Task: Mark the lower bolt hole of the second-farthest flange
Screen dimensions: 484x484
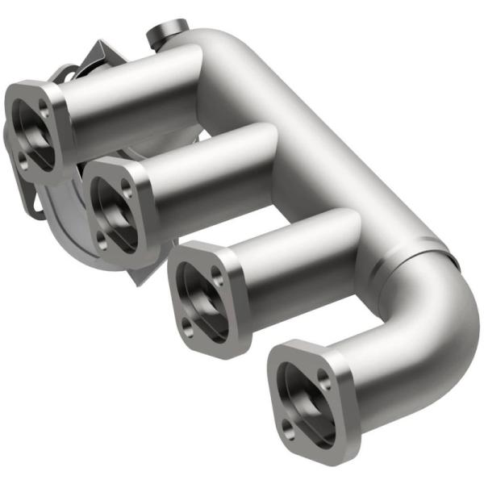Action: [x=102, y=239]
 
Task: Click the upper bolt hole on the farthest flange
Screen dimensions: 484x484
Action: [x=44, y=111]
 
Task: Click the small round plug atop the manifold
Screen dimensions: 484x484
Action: [x=159, y=34]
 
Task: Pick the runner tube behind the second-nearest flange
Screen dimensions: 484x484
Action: [x=298, y=258]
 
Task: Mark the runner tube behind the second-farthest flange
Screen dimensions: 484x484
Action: [x=210, y=169]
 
